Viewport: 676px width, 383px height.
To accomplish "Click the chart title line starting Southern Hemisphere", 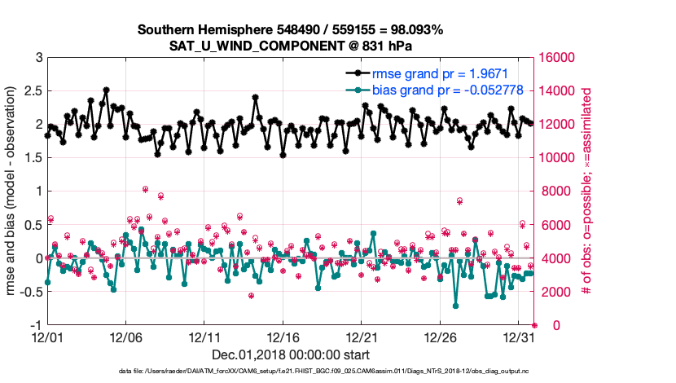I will click(x=291, y=30).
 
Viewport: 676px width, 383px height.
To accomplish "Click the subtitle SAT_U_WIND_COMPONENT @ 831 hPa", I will click(x=291, y=45).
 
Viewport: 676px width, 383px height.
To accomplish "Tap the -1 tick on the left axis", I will click(x=37, y=325).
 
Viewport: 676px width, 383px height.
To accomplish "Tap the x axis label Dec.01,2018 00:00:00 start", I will click(x=291, y=354).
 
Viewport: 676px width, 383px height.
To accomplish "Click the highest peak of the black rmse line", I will click(x=107, y=90).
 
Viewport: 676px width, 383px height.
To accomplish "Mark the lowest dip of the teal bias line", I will click(x=455, y=306).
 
